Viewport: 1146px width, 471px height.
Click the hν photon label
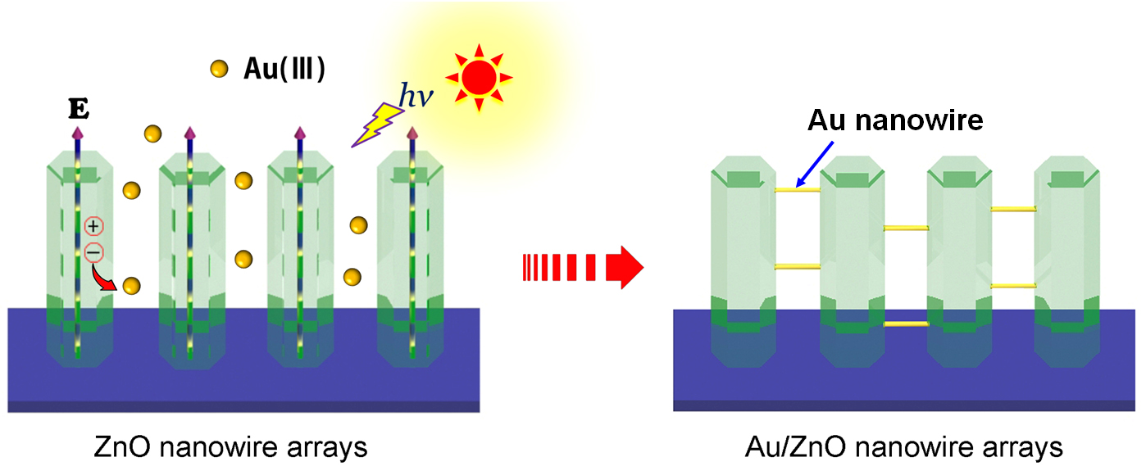416,96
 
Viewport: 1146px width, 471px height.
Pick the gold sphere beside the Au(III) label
219,70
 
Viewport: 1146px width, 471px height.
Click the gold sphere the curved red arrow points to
131,286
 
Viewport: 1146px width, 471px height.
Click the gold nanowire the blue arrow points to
798,189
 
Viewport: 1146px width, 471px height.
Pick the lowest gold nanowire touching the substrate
906,324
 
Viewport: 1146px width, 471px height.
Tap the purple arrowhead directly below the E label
78,132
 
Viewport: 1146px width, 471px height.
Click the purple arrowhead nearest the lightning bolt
412,133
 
